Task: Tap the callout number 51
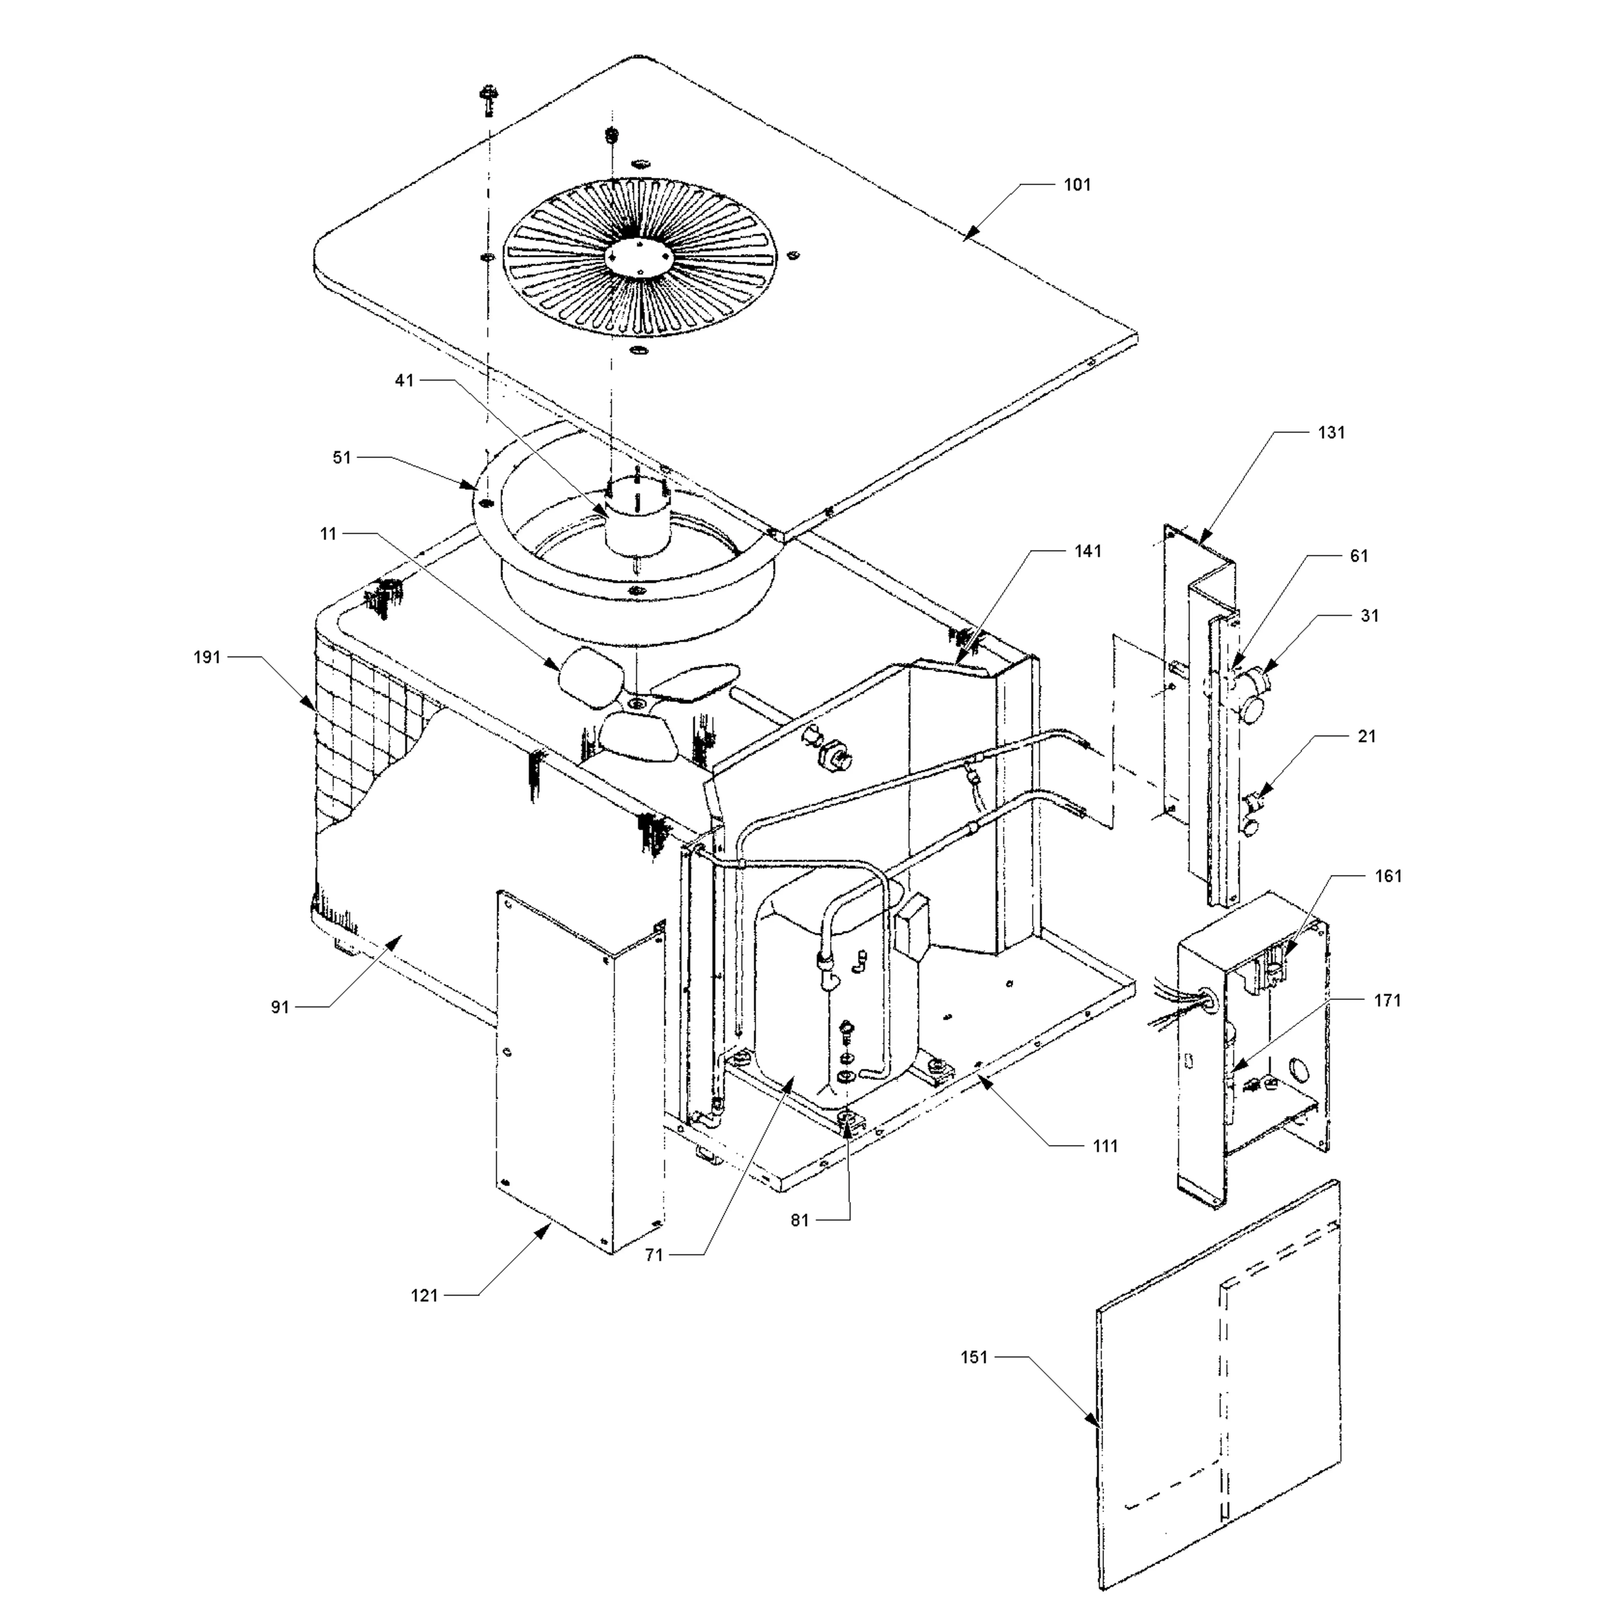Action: point(342,457)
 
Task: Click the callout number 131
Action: point(1331,432)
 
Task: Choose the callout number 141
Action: point(1088,551)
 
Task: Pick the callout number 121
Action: point(424,1295)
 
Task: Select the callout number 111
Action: point(1105,1146)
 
